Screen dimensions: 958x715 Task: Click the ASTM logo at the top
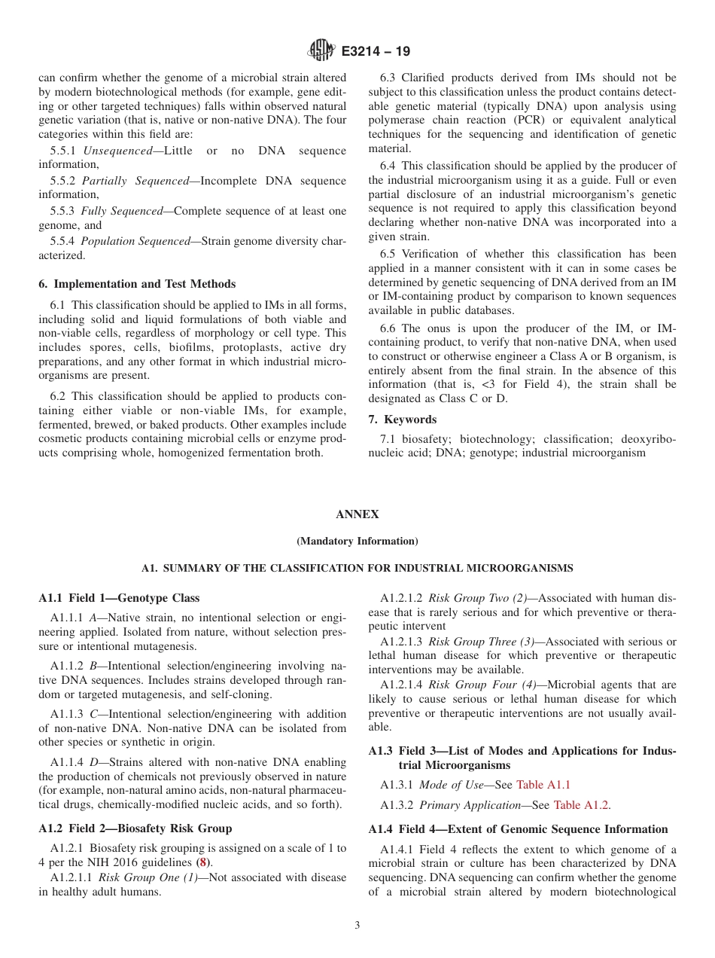point(321,51)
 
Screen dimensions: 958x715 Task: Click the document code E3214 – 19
point(376,52)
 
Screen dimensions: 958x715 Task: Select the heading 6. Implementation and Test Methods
point(137,284)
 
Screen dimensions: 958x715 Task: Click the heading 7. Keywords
point(402,420)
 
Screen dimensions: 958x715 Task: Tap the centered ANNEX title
point(357,514)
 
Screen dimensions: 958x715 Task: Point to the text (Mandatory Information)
point(357,541)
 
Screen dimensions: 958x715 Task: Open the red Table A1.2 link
point(581,804)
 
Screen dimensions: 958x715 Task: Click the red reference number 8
point(202,862)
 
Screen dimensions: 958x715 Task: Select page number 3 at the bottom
point(357,926)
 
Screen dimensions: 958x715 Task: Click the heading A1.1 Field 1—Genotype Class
point(119,598)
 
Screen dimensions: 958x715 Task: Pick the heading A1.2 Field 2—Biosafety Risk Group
point(135,828)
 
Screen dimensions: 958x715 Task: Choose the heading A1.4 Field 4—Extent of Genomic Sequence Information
point(518,828)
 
